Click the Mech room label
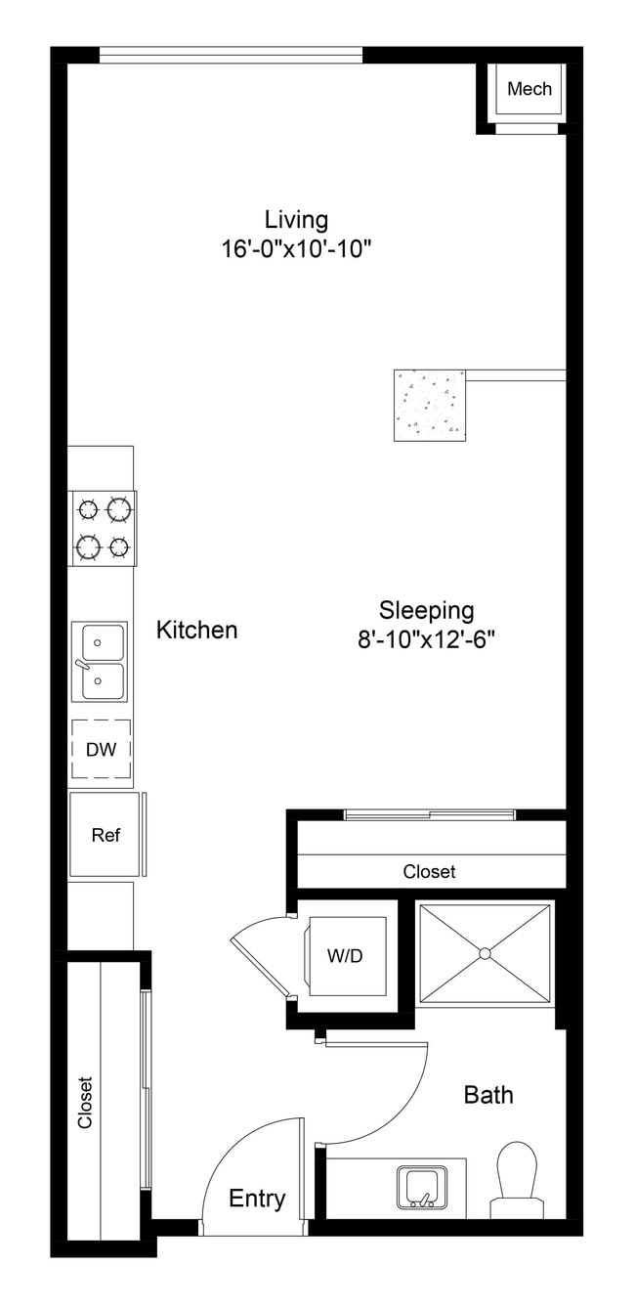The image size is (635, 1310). click(x=529, y=89)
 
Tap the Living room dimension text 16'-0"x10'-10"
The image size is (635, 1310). click(x=297, y=248)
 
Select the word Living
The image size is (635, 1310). click(x=296, y=219)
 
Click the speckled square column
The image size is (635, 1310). click(x=429, y=405)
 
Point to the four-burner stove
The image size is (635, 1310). click(x=103, y=528)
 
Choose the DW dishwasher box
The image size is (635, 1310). click(x=101, y=750)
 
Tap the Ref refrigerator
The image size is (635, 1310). click(x=105, y=835)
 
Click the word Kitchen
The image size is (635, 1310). click(x=196, y=630)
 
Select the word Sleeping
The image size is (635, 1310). click(x=427, y=610)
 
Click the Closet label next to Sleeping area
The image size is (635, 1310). click(x=429, y=871)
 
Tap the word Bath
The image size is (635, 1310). click(x=487, y=1094)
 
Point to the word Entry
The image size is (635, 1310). click(x=257, y=1199)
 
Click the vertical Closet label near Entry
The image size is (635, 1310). click(x=85, y=1103)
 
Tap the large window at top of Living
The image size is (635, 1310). click(x=231, y=56)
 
